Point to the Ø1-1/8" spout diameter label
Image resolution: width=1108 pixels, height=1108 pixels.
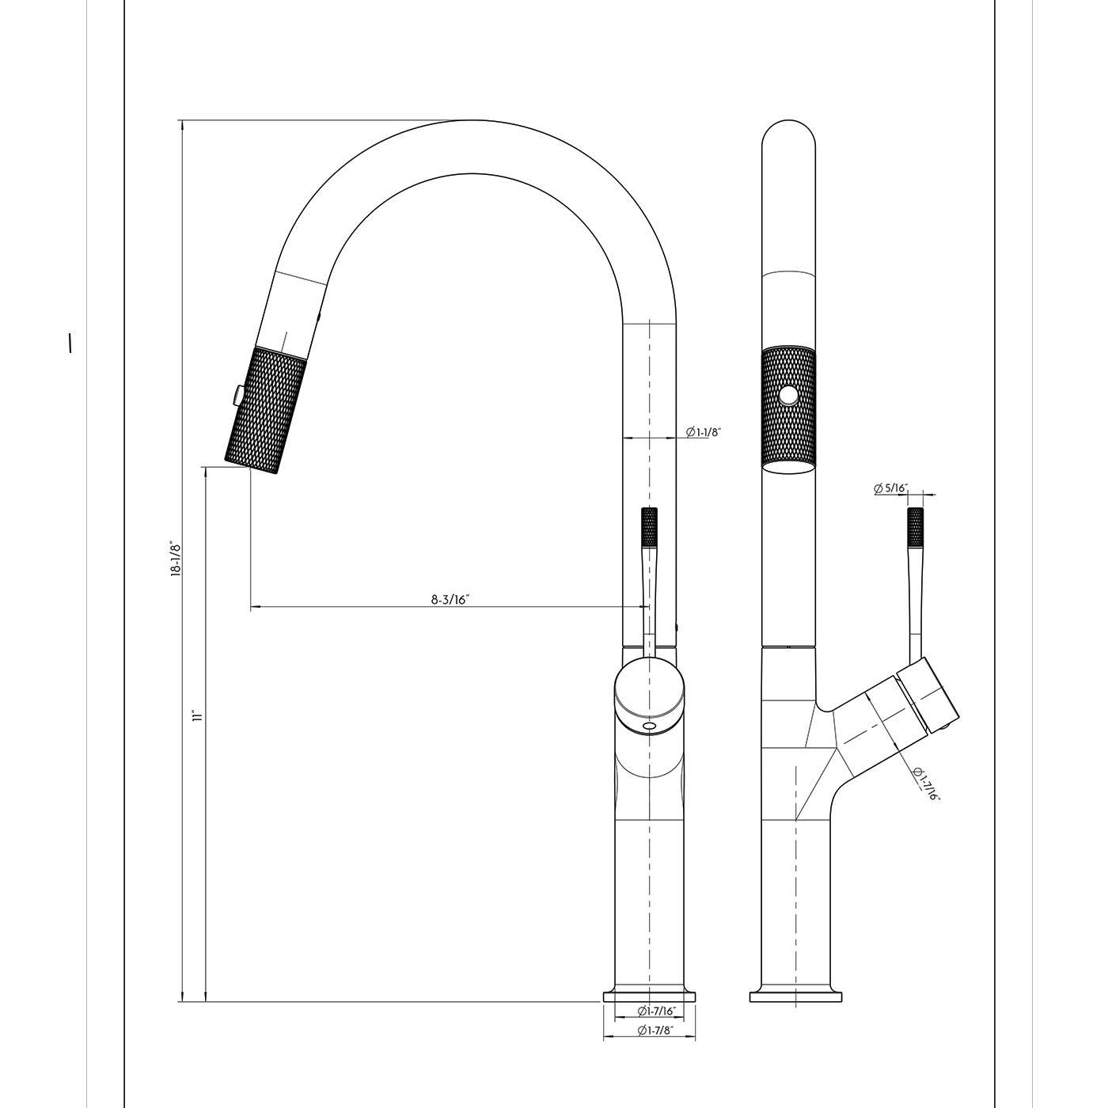coord(702,432)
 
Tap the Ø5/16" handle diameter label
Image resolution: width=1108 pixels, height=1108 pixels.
coord(890,488)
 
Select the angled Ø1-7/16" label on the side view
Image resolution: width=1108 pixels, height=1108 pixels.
coord(925,784)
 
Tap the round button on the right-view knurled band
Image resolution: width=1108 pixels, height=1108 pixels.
coord(787,397)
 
